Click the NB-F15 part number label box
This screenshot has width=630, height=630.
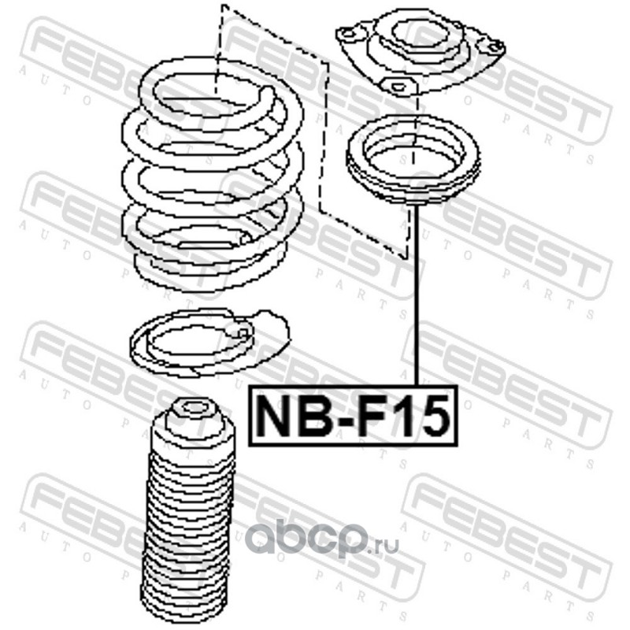[353, 416]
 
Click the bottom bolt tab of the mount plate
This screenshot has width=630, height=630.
[398, 87]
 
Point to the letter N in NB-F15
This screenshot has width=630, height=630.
[274, 416]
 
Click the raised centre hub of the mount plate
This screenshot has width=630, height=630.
[421, 38]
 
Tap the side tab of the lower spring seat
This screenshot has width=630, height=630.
[273, 325]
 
